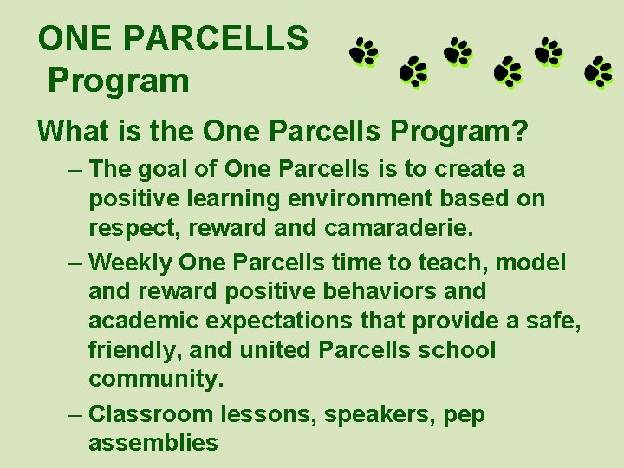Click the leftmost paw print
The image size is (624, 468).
pyautogui.click(x=365, y=53)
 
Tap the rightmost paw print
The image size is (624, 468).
pyautogui.click(x=598, y=72)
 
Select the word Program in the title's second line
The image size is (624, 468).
pyautogui.click(x=118, y=81)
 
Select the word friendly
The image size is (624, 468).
pyautogui.click(x=129, y=351)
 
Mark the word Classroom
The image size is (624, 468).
pyautogui.click(x=152, y=413)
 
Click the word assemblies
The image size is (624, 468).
pyautogui.click(x=153, y=443)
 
